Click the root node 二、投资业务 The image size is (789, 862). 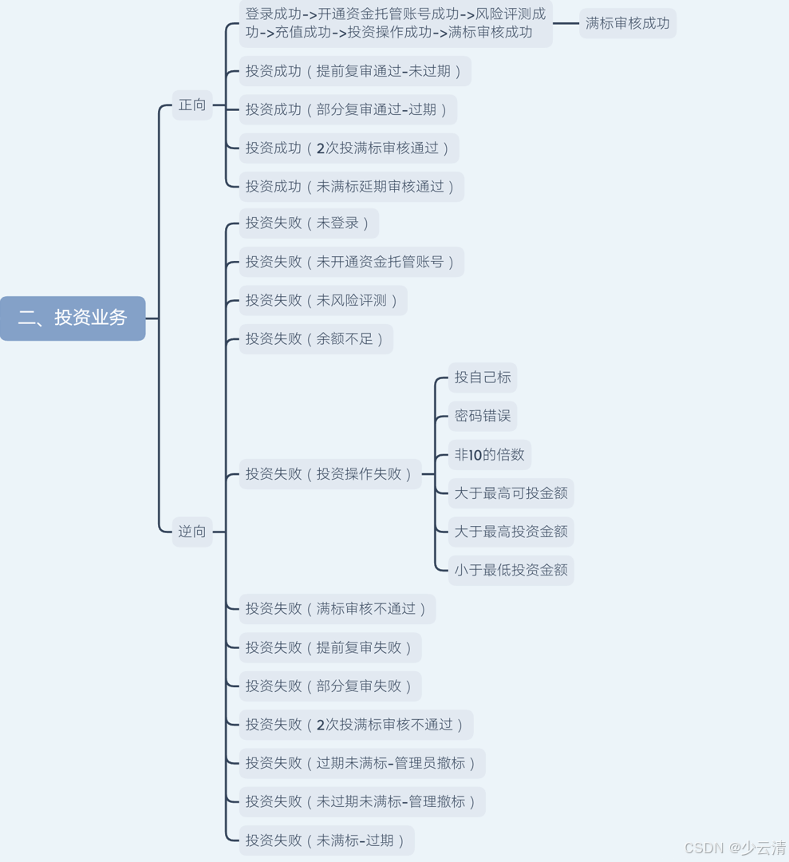[73, 318]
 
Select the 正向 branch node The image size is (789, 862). [192, 105]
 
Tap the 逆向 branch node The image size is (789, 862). [192, 532]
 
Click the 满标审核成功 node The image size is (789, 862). [628, 23]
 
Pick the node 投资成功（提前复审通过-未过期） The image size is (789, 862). [355, 71]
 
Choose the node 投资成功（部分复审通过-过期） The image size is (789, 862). [348, 109]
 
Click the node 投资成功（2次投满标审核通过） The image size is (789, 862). [349, 148]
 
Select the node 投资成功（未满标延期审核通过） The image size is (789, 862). [351, 186]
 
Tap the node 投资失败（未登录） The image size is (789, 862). [309, 223]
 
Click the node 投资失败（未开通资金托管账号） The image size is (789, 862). [351, 262]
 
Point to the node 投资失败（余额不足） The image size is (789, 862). [316, 338]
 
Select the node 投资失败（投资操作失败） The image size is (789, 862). [330, 474]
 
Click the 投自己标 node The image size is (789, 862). [483, 378]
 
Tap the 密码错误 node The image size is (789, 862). [483, 416]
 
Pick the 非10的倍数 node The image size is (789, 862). [490, 455]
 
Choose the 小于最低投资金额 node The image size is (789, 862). [511, 570]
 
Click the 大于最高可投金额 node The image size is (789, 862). [511, 493]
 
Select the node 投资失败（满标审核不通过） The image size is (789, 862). [337, 609]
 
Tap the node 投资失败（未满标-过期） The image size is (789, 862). [327, 840]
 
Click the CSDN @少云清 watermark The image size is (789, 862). [735, 848]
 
